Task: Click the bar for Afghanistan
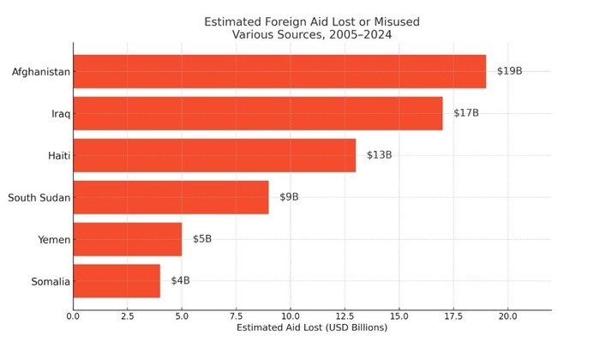point(279,71)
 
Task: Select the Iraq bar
point(257,113)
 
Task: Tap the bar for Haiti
point(214,155)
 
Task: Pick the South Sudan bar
point(171,197)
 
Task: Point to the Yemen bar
point(127,239)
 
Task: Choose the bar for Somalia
point(117,281)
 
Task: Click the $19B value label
point(509,71)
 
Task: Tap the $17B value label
point(466,113)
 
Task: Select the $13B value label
point(379,155)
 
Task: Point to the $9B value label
point(289,197)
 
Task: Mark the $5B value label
point(201,239)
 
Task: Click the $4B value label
point(180,281)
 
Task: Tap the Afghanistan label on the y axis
point(40,72)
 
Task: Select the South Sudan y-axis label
point(39,198)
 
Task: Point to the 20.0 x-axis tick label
point(507,316)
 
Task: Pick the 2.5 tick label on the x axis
point(127,316)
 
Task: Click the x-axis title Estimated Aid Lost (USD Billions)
point(312,328)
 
